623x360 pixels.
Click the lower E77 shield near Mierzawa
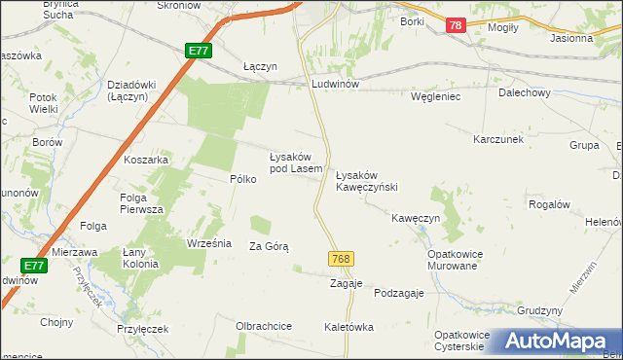(x=32, y=265)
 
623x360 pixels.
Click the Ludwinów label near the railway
(x=336, y=85)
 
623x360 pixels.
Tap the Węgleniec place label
(x=435, y=97)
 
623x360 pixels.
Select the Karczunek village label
(x=498, y=140)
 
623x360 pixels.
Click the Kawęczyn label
(x=417, y=219)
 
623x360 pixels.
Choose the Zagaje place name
(x=347, y=283)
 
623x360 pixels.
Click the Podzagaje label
(x=399, y=294)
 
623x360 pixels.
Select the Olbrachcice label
(x=264, y=326)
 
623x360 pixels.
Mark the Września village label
(x=207, y=243)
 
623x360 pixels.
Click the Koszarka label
(x=147, y=160)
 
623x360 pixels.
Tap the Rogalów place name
(x=548, y=204)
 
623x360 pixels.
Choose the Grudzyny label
(x=540, y=310)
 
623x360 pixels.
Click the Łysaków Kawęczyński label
(x=367, y=180)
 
